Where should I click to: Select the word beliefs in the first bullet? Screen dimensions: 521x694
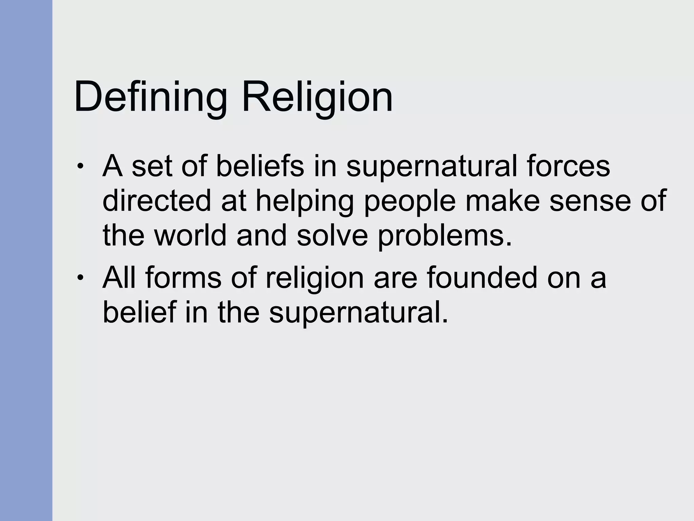coord(260,166)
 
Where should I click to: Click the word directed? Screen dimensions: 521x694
coord(157,201)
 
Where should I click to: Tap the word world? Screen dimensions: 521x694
coord(190,235)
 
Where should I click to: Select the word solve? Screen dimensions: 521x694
coord(332,235)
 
